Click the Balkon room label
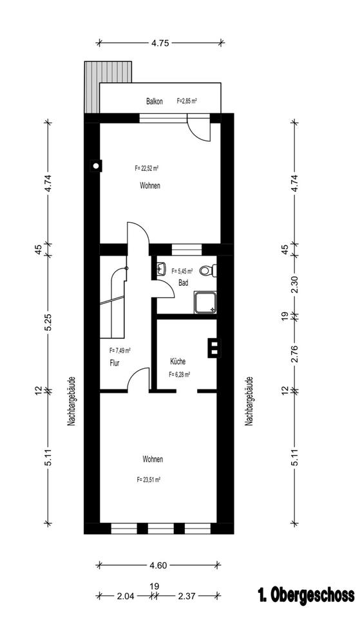click(x=154, y=101)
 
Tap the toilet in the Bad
click(x=208, y=270)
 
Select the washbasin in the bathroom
click(x=161, y=270)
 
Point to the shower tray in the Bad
click(x=205, y=303)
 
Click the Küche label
click(x=178, y=361)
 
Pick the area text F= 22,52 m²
click(x=147, y=168)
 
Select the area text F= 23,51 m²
click(x=149, y=480)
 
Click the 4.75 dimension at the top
click(x=160, y=43)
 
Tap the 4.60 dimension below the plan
click(x=158, y=566)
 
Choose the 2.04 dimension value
click(x=126, y=596)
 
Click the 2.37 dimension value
click(x=187, y=596)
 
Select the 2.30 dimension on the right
click(x=294, y=285)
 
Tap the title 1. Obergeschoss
click(x=306, y=595)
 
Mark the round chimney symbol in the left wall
click(x=95, y=165)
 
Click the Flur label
click(x=115, y=363)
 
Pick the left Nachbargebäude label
click(x=71, y=401)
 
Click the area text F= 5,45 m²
click(x=182, y=271)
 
